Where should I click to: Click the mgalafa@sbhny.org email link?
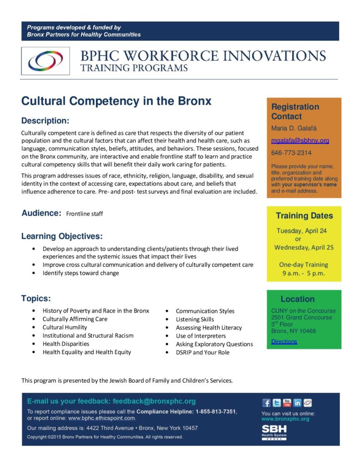[300, 141]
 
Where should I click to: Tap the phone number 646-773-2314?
[291, 153]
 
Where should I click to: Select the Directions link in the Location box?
[284, 341]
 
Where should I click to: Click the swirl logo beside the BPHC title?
[46, 61]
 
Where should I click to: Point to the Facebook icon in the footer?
[267, 403]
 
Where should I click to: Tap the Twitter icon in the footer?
[277, 403]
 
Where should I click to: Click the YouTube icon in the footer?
[287, 403]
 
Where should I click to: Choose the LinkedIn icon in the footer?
[297, 403]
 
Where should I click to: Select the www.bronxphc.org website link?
[285, 419]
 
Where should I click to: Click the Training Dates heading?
[304, 216]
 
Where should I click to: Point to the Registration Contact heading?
[295, 111]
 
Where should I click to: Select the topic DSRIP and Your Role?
[203, 352]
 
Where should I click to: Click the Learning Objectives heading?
[62, 236]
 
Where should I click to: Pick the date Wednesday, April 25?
[304, 248]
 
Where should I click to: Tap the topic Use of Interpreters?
[201, 336]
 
